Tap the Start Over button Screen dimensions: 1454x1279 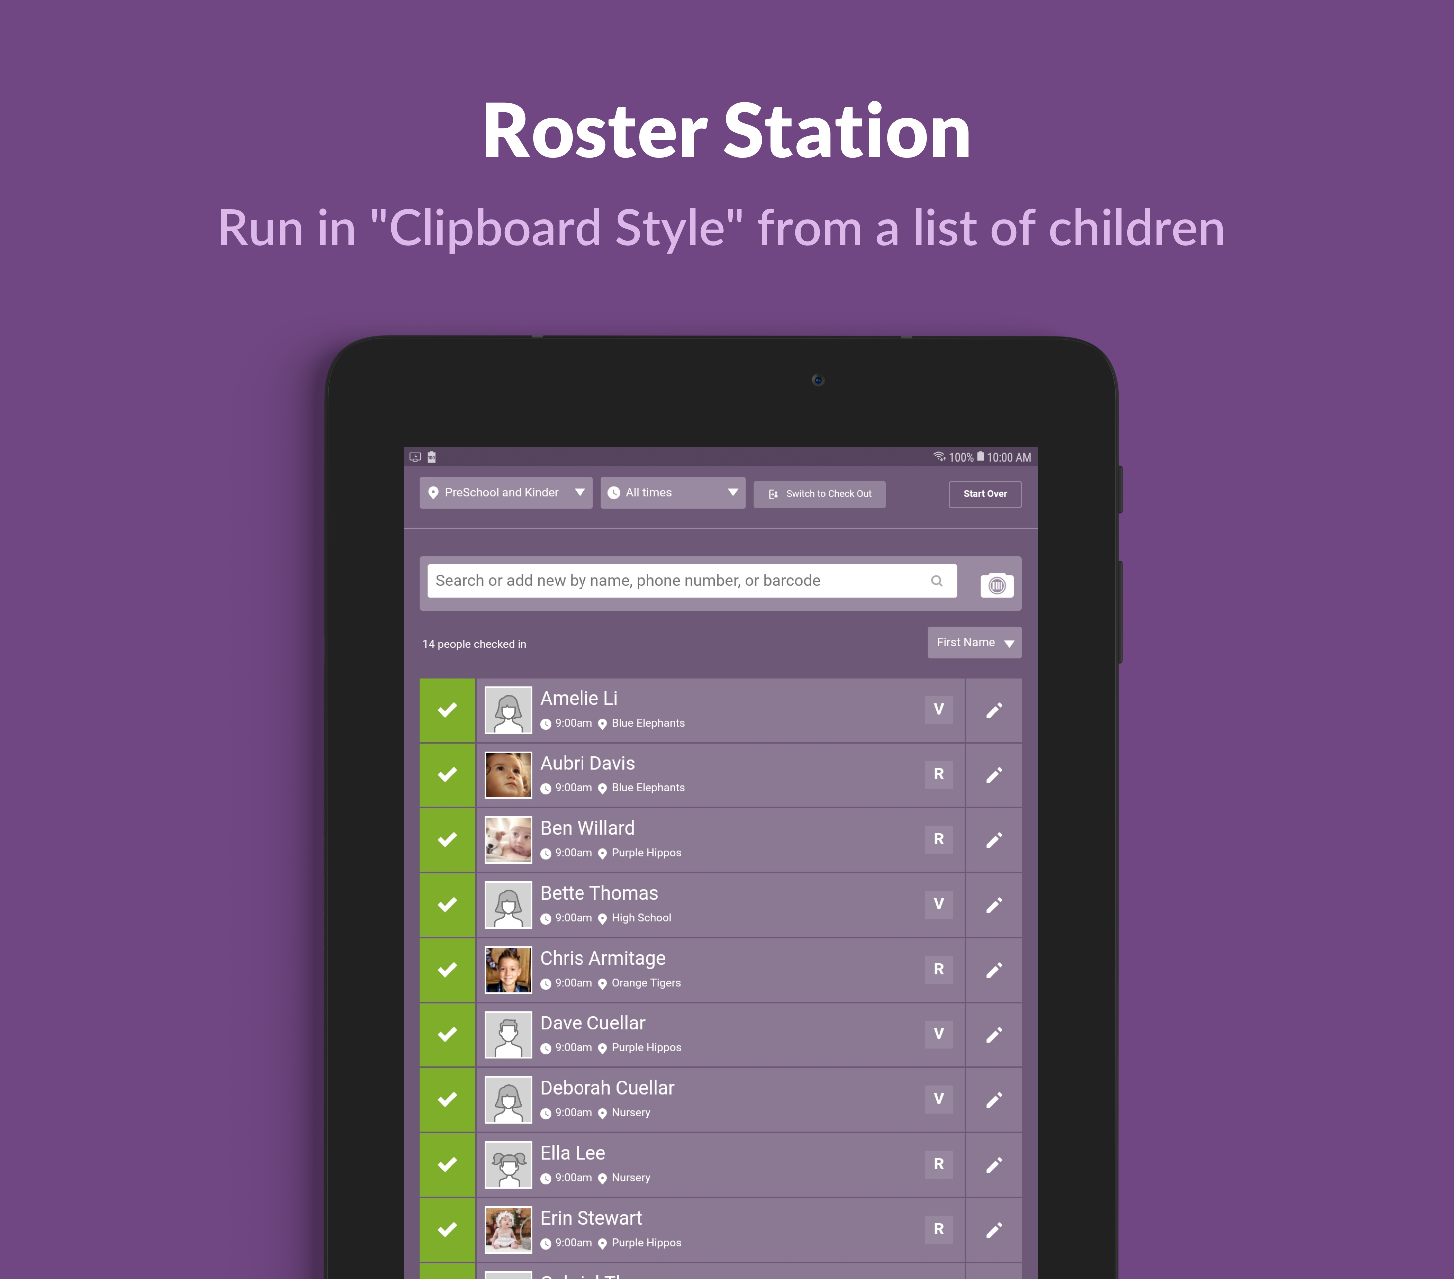click(x=984, y=494)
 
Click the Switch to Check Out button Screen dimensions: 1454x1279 click(x=820, y=494)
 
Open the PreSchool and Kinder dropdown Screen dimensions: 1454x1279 click(x=506, y=492)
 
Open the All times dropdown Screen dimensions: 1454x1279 click(x=672, y=492)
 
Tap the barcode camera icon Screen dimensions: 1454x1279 click(x=997, y=585)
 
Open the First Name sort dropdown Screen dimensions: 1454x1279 click(x=974, y=642)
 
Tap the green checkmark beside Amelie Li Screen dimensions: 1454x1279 click(x=447, y=710)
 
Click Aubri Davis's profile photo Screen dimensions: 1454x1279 click(x=508, y=774)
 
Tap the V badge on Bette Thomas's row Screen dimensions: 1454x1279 click(x=939, y=904)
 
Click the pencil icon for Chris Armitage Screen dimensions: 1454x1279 click(x=994, y=970)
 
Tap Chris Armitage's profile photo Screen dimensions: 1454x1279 click(x=508, y=970)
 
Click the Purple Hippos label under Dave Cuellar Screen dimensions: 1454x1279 click(x=646, y=1048)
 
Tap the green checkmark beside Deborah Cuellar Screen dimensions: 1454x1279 click(x=447, y=1100)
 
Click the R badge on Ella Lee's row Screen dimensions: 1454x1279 click(x=939, y=1164)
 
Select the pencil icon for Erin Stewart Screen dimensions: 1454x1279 click(x=994, y=1229)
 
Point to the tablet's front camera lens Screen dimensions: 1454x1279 click(x=817, y=380)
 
